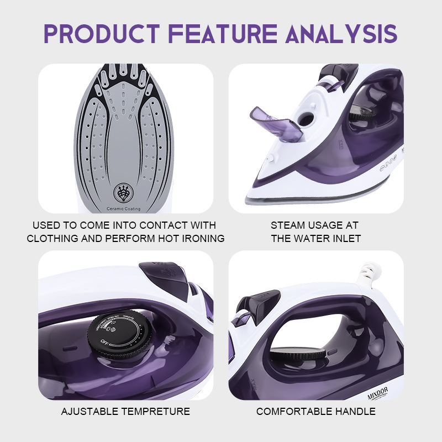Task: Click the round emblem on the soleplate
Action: (123, 193)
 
